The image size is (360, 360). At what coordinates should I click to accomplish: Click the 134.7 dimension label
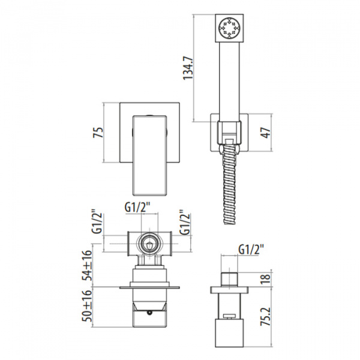pos(188,68)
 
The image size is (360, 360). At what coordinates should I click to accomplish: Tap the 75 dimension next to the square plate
pos(98,133)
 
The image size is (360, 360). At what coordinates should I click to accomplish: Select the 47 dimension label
pos(266,133)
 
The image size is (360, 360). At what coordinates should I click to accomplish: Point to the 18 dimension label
pos(266,279)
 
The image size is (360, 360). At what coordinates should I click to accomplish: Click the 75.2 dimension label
pos(266,317)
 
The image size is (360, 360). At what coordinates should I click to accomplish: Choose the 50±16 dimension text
pos(88,306)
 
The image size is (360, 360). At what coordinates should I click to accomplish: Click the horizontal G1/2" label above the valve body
pos(137,208)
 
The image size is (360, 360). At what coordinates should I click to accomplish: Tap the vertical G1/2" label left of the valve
pos(97,221)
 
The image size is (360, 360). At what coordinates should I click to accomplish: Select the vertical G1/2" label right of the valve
pos(185,222)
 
